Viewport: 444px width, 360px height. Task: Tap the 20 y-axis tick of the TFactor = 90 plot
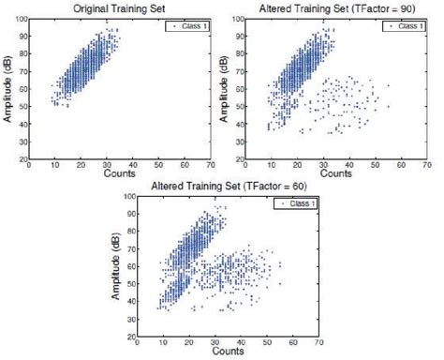pos(238,159)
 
